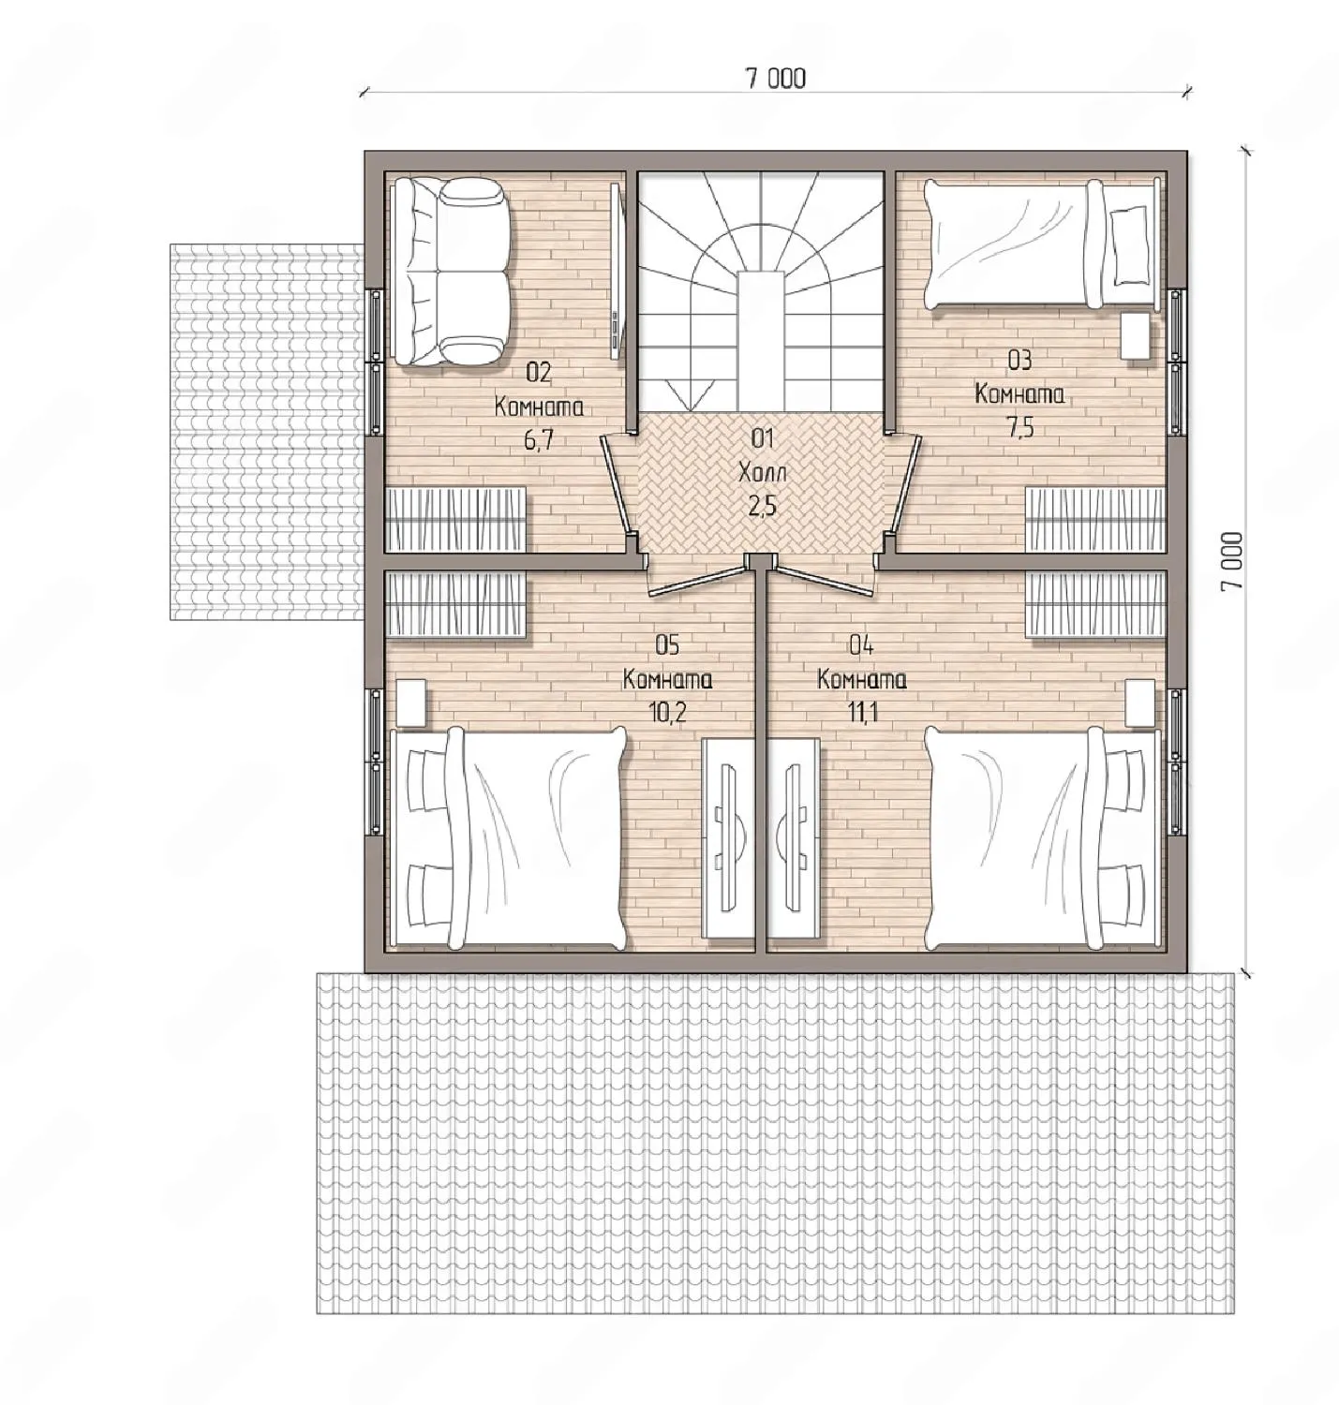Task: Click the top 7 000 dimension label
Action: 776,78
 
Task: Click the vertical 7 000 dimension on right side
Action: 1232,561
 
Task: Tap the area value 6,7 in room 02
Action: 538,440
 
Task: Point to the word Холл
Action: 763,472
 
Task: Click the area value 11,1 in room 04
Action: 862,712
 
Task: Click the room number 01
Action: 763,438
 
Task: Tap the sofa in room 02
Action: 452,273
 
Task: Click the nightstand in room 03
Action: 1136,335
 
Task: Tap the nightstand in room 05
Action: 411,703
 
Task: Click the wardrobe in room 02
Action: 456,519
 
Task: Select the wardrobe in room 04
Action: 1096,603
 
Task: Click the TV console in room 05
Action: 728,837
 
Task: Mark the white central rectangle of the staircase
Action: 762,342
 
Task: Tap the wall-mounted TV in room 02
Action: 617,271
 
